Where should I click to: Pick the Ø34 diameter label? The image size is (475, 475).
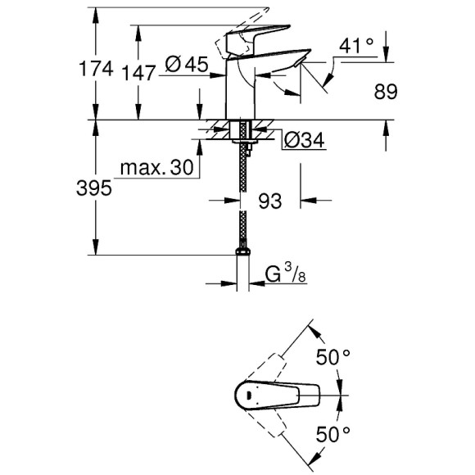click(x=305, y=142)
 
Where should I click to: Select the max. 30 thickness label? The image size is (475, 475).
click(x=156, y=169)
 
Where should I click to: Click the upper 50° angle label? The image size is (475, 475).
click(x=333, y=356)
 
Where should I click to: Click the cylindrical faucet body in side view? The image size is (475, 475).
click(x=240, y=94)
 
